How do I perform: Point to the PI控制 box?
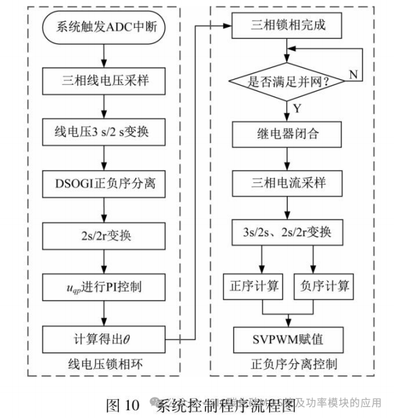pos(105,283)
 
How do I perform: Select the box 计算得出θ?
pos(105,336)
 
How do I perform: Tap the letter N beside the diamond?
pos(353,74)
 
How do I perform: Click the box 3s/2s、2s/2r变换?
pos(287,232)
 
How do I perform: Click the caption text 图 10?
pos(122,404)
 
